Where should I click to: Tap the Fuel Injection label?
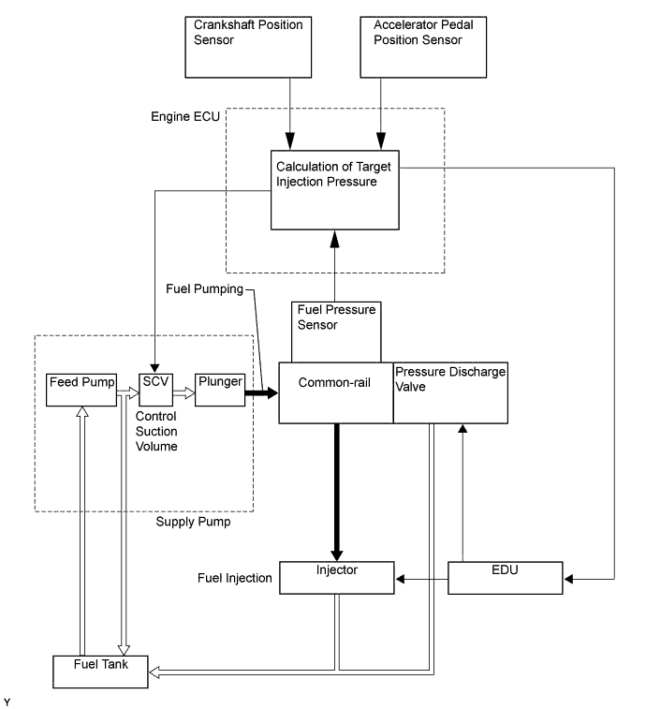tap(234, 578)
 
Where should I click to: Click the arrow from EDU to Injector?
tap(420, 580)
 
